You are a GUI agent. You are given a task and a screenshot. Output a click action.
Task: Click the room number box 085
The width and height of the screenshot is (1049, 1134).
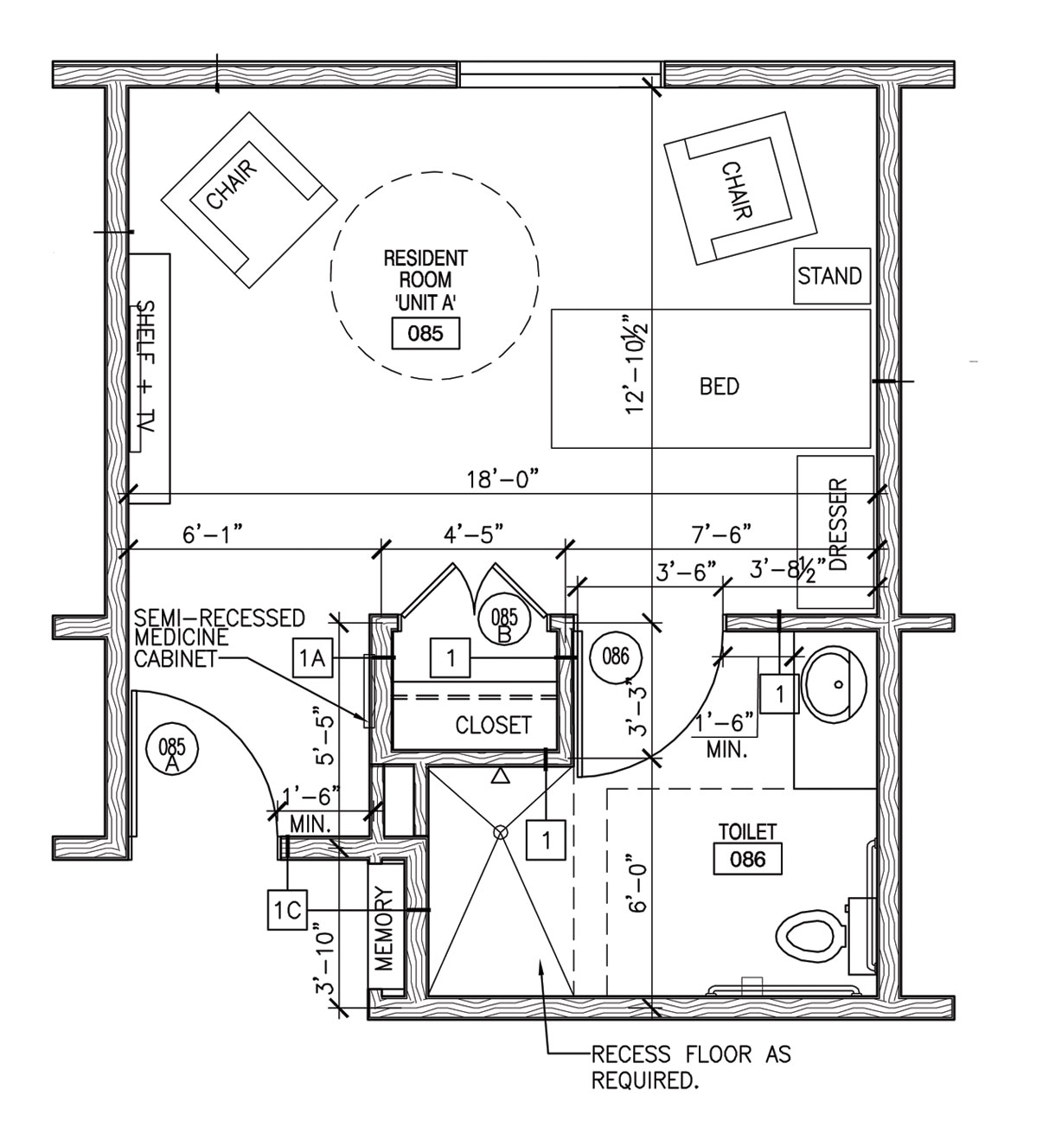click(x=425, y=333)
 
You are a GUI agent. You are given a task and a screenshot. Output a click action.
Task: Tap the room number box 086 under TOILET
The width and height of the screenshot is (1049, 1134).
click(x=748, y=859)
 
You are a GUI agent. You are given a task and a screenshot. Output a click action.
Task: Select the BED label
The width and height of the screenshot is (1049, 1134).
click(x=720, y=386)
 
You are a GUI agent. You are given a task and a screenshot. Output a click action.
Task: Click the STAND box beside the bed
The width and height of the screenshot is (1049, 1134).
click(x=829, y=277)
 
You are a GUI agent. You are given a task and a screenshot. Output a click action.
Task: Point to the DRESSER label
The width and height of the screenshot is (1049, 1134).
click(x=837, y=525)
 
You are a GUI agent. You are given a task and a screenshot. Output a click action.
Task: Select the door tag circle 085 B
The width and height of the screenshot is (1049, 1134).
click(x=504, y=623)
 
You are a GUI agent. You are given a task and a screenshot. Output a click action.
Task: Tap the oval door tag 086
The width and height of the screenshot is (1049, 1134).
click(x=615, y=657)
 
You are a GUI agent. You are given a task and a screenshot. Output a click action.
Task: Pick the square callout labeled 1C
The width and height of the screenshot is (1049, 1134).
click(x=286, y=909)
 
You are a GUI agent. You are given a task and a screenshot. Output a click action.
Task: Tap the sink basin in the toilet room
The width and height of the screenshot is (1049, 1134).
click(x=834, y=682)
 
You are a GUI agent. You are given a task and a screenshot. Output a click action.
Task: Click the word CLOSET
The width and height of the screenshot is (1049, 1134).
click(x=493, y=725)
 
